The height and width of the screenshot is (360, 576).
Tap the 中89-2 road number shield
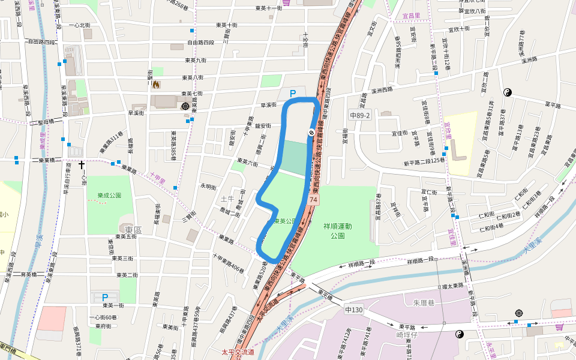360,114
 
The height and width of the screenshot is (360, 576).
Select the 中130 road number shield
354,310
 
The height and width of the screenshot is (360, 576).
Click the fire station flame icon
157,85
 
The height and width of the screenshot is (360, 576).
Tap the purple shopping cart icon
286,2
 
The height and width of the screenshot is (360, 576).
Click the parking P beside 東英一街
105,297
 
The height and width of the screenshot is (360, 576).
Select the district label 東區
133,230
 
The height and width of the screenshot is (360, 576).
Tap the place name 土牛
227,199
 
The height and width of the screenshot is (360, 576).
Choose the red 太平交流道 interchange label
238,352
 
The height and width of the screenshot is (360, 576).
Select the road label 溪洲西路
382,89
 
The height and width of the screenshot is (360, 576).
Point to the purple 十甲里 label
157,178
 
